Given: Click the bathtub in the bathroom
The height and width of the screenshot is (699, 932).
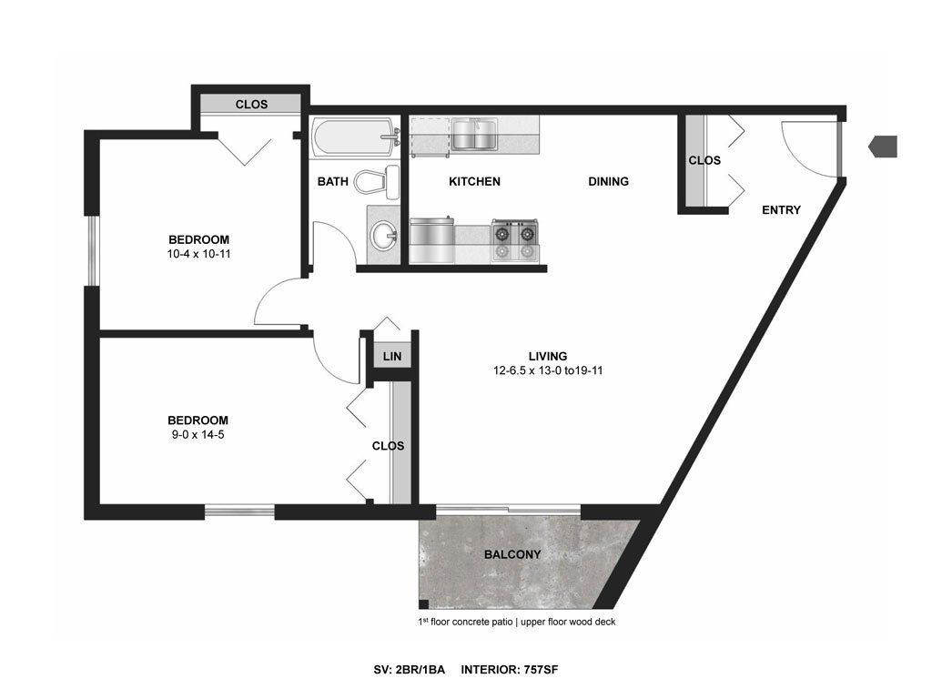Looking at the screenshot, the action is pyautogui.click(x=354, y=137).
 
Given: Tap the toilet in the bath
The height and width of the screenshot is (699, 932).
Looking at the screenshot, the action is pyautogui.click(x=376, y=182).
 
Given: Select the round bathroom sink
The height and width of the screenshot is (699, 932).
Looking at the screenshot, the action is pyautogui.click(x=383, y=237).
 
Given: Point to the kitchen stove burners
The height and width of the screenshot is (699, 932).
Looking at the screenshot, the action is pyautogui.click(x=515, y=240).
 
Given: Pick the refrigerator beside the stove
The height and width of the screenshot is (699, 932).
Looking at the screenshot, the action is pyautogui.click(x=431, y=240).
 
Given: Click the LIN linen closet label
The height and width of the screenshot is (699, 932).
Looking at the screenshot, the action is pyautogui.click(x=392, y=356).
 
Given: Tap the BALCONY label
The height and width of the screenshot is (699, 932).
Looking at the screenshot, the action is pyautogui.click(x=512, y=554).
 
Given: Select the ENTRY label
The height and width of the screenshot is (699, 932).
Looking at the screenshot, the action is pyautogui.click(x=781, y=210).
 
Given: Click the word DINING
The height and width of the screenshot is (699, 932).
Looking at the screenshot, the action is pyautogui.click(x=608, y=181).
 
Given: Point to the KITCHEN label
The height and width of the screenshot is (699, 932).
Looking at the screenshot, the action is pyautogui.click(x=474, y=181).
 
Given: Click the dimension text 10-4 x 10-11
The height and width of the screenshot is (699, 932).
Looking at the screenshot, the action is pyautogui.click(x=198, y=254).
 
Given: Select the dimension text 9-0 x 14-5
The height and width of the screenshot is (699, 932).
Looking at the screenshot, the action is pyautogui.click(x=198, y=434).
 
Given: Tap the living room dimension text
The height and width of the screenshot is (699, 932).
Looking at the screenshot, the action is pyautogui.click(x=548, y=370).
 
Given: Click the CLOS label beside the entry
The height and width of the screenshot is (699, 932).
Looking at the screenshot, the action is pyautogui.click(x=704, y=160).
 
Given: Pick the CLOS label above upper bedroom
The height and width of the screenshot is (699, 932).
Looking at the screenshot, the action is pyautogui.click(x=251, y=105).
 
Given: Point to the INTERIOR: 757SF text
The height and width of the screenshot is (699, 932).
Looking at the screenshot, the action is pyautogui.click(x=510, y=670).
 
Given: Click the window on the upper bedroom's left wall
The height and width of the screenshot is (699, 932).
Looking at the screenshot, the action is pyautogui.click(x=93, y=250).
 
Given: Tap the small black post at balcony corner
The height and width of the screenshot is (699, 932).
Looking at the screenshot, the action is pyautogui.click(x=423, y=604).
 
